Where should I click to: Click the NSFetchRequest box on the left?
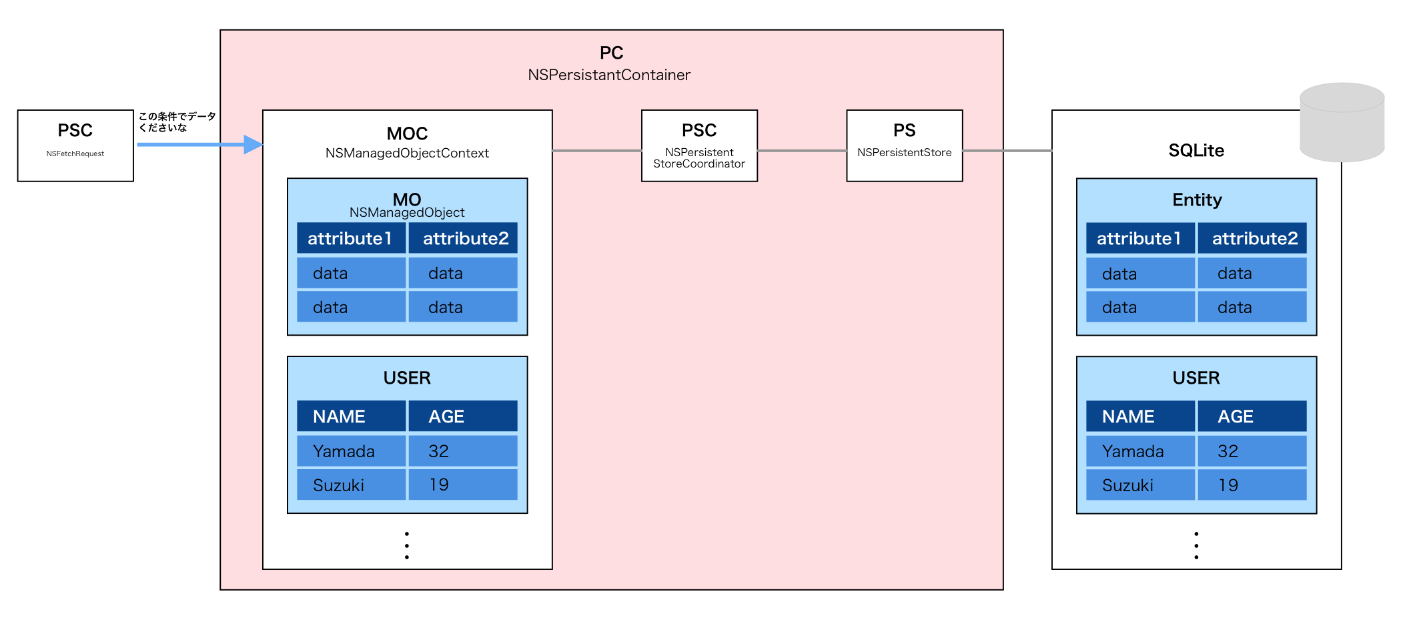pyautogui.click(x=75, y=145)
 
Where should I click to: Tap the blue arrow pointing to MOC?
pyautogui.click(x=200, y=144)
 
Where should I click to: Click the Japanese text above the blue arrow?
pyautogui.click(x=177, y=121)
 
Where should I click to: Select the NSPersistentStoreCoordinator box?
pyautogui.click(x=699, y=145)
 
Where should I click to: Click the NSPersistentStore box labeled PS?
pyautogui.click(x=904, y=145)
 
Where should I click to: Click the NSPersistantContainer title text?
pyautogui.click(x=609, y=75)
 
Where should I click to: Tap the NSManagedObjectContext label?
pyautogui.click(x=407, y=153)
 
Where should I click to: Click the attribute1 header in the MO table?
pyautogui.click(x=351, y=238)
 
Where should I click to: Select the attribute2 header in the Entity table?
pyautogui.click(x=1252, y=238)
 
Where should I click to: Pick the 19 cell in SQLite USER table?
pyautogui.click(x=1252, y=485)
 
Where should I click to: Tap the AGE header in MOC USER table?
pyautogui.click(x=462, y=416)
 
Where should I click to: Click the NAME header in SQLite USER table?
pyautogui.click(x=1140, y=416)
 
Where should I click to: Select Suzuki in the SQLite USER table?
pyautogui.click(x=1140, y=485)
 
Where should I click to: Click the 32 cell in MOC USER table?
pyautogui.click(x=462, y=451)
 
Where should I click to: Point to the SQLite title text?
pyautogui.click(x=1196, y=150)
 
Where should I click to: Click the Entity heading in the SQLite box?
pyautogui.click(x=1197, y=200)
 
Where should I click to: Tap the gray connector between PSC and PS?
pyautogui.click(x=802, y=151)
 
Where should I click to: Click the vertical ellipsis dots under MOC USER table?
pyautogui.click(x=407, y=545)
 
